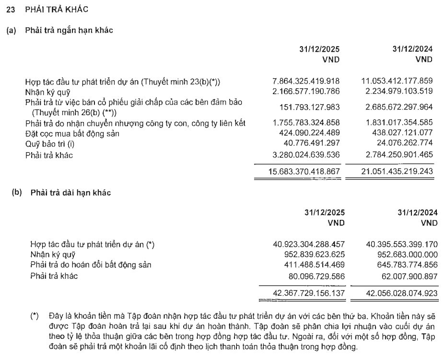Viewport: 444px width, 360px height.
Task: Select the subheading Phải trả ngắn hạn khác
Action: tap(69, 31)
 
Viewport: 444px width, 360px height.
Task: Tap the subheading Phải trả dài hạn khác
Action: tap(70, 193)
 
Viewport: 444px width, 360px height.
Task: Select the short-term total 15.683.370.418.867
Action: tap(305, 171)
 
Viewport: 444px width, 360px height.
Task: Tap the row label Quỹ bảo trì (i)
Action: tap(50, 144)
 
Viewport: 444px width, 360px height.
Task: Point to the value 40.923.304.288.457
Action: tap(308, 244)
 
